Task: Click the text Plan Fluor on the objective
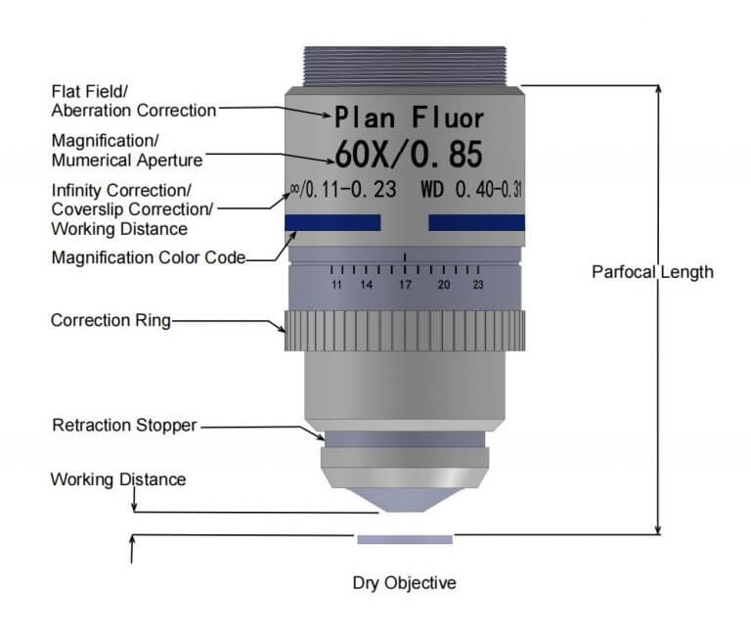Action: tap(409, 118)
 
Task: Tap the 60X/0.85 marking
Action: tap(409, 155)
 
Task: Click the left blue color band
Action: tap(332, 222)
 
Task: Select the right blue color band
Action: tap(476, 222)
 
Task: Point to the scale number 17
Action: tap(405, 285)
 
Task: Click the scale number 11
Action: tap(336, 285)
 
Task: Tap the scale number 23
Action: tap(478, 285)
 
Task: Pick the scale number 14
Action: tap(367, 285)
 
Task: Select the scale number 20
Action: tap(444, 285)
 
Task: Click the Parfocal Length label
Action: tap(652, 272)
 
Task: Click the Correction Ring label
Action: tap(110, 320)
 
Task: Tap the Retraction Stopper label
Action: tap(124, 425)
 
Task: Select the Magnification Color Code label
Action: tap(149, 257)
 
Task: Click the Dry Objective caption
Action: tap(405, 583)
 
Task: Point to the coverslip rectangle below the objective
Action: tap(405, 540)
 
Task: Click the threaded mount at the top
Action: tap(405, 67)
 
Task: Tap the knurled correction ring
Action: tap(405, 331)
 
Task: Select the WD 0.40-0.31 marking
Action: tap(471, 190)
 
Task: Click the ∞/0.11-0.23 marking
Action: tap(343, 190)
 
